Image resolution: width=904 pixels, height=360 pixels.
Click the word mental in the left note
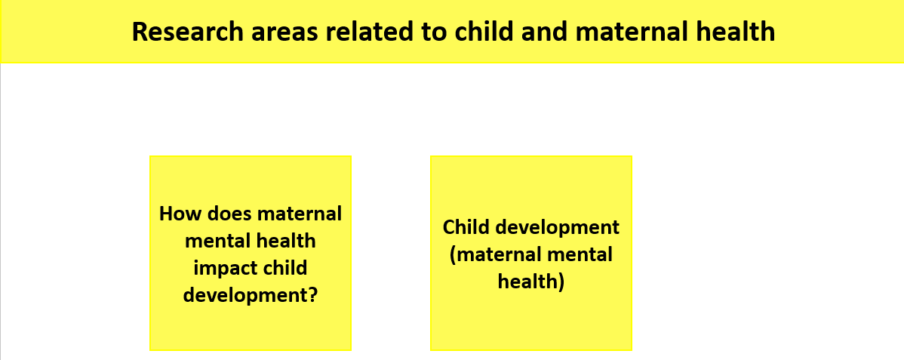click(214, 241)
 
